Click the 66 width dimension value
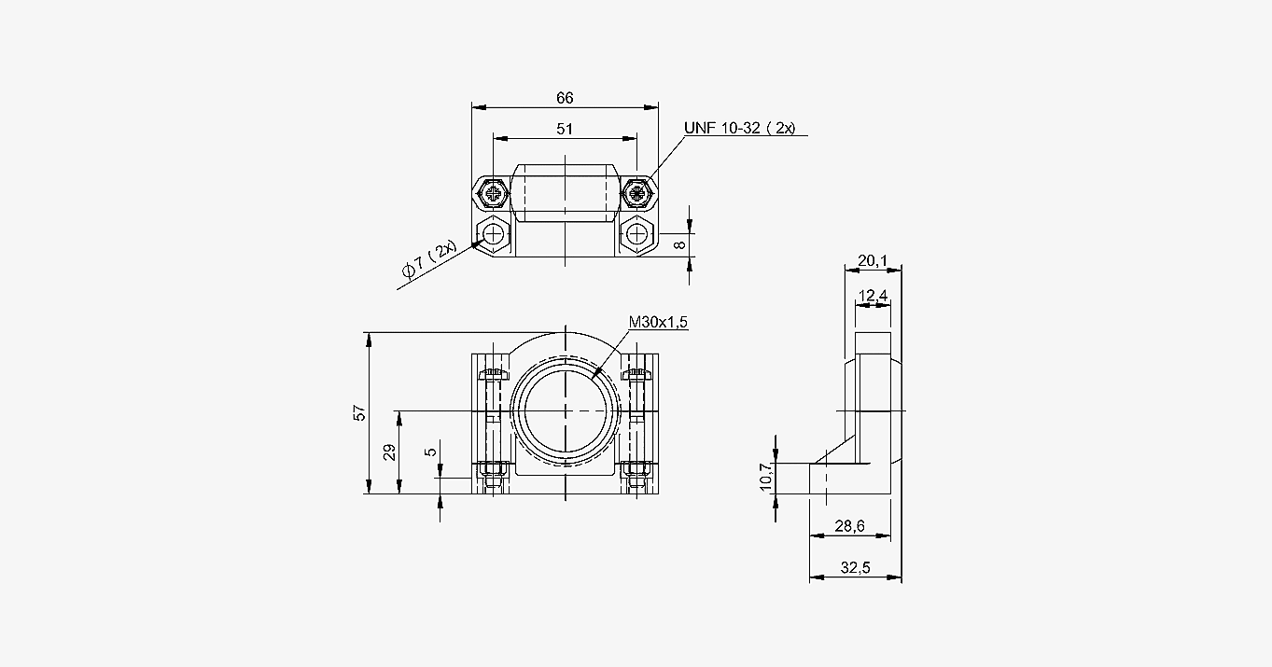pyautogui.click(x=565, y=98)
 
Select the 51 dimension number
pyautogui.click(x=565, y=130)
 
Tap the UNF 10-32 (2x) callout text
pyautogui.click(x=739, y=129)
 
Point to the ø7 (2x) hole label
pyautogui.click(x=429, y=258)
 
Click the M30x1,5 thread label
pyautogui.click(x=658, y=322)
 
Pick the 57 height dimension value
pyautogui.click(x=360, y=412)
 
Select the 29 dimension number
pyautogui.click(x=389, y=452)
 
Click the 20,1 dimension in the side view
pyautogui.click(x=873, y=260)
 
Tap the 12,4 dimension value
pyautogui.click(x=873, y=296)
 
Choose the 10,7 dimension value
pyautogui.click(x=766, y=477)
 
